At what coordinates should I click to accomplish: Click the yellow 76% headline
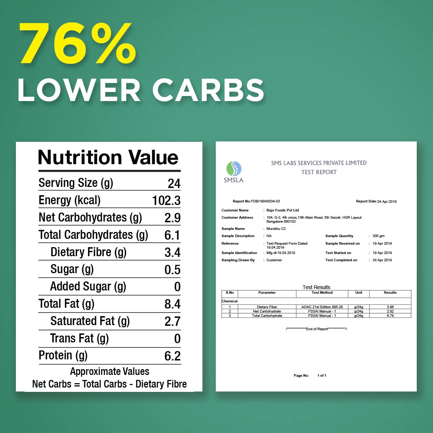pos(78,44)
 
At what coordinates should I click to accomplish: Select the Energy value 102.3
pos(166,201)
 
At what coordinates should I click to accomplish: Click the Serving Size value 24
pos(174,184)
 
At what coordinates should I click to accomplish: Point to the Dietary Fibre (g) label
pos(88,252)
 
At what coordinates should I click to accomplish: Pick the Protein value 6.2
pos(172,356)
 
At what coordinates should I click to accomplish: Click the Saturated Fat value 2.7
pos(172,321)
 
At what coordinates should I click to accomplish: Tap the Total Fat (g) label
pos(66,304)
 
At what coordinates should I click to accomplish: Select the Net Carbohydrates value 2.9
pos(172,218)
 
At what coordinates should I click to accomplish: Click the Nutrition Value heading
pos(108,157)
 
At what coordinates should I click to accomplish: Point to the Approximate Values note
pos(109,371)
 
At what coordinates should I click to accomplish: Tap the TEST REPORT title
pos(319,172)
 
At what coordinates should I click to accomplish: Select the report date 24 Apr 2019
pos(387,201)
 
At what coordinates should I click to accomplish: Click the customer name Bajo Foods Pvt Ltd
pos(283,210)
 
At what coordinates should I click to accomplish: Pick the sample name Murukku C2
pos(276,228)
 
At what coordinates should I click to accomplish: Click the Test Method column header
pos(322,293)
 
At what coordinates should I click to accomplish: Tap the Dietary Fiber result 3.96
pos(390,307)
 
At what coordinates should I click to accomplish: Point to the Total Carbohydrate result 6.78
pos(390,315)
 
